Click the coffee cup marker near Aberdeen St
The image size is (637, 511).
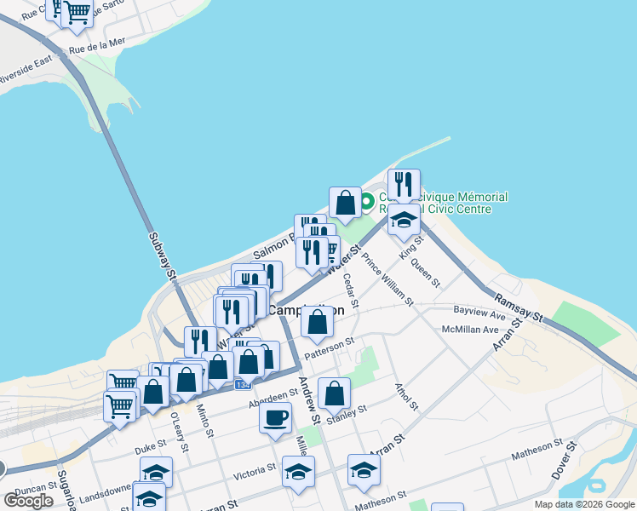tap(276, 418)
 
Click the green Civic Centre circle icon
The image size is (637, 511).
tap(367, 203)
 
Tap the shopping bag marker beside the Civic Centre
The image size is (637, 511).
tap(345, 204)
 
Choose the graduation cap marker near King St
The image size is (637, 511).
tap(404, 221)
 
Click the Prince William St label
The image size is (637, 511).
tap(387, 278)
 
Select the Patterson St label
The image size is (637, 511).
tap(329, 347)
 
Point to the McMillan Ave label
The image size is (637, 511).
tap(470, 330)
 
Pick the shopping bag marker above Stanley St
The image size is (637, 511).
tap(334, 394)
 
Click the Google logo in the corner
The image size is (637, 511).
tap(28, 500)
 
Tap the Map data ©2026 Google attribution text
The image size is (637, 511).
tap(583, 504)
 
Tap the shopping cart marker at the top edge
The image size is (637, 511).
tap(77, 12)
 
